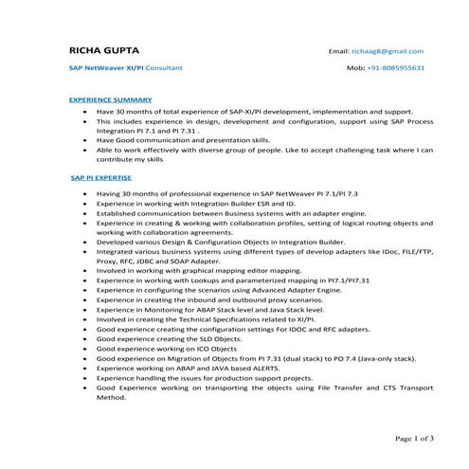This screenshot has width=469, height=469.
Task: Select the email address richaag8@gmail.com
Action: [389, 51]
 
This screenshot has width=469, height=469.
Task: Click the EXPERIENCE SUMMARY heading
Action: [110, 99]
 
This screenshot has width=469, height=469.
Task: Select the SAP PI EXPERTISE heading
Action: [101, 178]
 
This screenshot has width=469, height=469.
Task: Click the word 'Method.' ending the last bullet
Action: [111, 398]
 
